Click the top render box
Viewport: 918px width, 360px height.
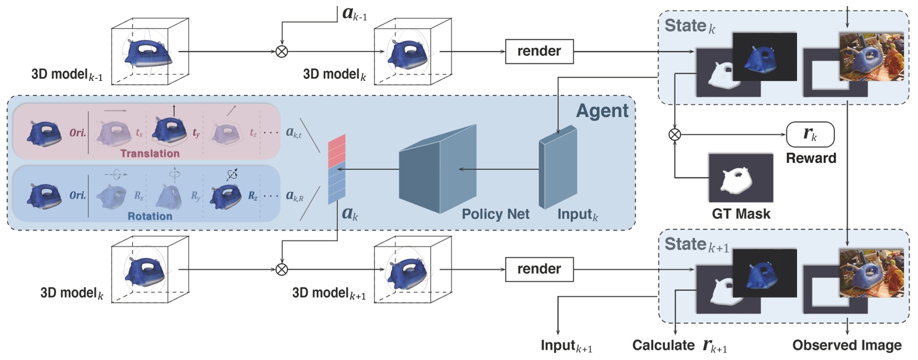[539, 51]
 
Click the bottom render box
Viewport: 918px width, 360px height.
[539, 269]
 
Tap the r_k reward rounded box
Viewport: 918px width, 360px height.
[810, 134]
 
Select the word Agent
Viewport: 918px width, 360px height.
[602, 110]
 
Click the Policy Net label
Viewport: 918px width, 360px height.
[495, 214]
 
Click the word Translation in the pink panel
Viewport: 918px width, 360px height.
[150, 153]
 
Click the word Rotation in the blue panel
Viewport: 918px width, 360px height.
[150, 216]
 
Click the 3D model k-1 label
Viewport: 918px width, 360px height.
[67, 75]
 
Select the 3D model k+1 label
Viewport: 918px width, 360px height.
[329, 293]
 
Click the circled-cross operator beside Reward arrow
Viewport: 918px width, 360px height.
[675, 134]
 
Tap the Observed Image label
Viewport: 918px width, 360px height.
[847, 345]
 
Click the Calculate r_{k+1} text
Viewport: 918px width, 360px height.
[679, 346]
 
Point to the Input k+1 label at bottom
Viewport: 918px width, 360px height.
[566, 346]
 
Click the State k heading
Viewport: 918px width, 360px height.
[689, 26]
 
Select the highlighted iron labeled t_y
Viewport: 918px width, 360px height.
[169, 133]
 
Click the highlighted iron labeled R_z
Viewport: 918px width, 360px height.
[227, 195]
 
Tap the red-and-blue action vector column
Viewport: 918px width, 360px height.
[337, 169]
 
